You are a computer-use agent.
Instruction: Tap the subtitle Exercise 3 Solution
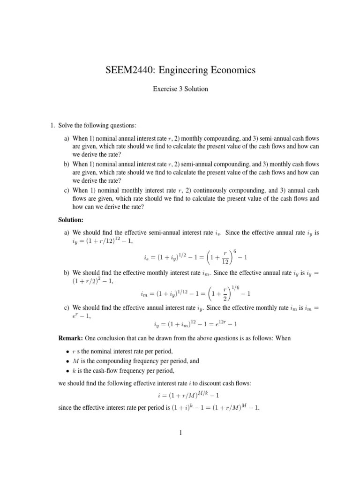[180, 89]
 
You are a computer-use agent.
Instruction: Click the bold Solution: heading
[71, 219]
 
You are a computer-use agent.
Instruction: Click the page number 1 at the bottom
[180, 433]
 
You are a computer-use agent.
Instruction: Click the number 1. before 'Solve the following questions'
[53, 126]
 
